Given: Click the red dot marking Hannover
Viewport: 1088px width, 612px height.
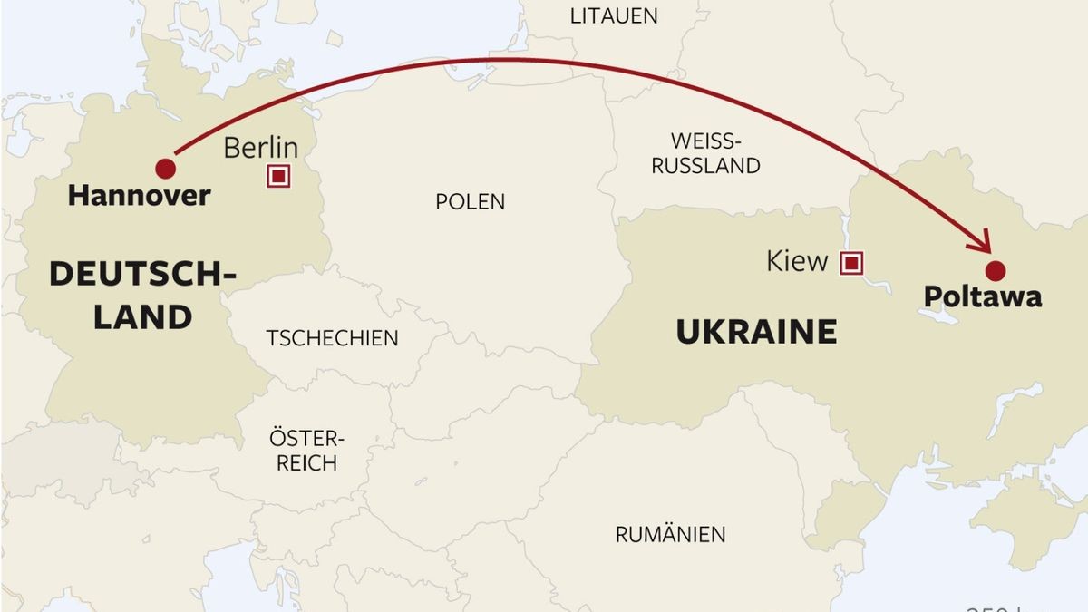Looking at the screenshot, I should (165, 169).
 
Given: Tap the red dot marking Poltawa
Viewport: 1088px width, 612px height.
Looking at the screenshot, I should (996, 270).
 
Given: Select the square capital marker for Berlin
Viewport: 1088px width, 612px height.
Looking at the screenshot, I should (278, 177).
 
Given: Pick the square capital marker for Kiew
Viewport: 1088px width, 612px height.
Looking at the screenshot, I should (850, 264).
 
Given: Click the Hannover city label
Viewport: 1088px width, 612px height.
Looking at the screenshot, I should (139, 195).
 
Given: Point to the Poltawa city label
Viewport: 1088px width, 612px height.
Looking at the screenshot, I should (982, 296).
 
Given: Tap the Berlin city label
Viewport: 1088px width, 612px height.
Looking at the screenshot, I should (260, 148).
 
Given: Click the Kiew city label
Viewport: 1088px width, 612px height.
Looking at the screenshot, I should (797, 262).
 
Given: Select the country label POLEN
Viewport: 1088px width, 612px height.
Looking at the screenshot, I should (470, 201).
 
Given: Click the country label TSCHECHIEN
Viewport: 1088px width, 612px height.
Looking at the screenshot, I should (332, 338).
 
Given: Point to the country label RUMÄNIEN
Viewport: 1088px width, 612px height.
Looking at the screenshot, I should (670, 535).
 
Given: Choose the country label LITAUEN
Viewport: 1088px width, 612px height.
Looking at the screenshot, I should (614, 15).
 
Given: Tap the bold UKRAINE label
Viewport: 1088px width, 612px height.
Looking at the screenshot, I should (756, 332).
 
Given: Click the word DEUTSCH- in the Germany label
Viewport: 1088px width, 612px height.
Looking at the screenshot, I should (143, 274).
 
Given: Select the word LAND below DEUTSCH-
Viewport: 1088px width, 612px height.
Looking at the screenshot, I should (143, 317).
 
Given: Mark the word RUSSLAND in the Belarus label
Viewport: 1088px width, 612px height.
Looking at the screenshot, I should (705, 166).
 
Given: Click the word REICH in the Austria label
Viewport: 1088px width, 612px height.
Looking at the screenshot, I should (306, 463).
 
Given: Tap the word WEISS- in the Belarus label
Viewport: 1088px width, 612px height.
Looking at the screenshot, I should (705, 141).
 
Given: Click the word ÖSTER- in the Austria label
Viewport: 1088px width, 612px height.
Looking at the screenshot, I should (306, 439).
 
